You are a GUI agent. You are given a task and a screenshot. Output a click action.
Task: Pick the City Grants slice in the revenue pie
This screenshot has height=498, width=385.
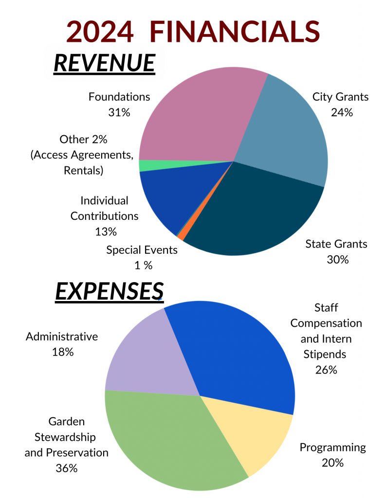(287, 131)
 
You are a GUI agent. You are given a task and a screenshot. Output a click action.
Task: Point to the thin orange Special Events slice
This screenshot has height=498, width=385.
(181, 236)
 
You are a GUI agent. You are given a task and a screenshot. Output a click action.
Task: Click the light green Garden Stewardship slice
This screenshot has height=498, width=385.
(165, 438)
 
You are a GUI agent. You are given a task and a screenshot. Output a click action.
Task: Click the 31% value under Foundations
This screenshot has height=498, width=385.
(119, 112)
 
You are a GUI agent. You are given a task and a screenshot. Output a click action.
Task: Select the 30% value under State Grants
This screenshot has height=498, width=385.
(338, 260)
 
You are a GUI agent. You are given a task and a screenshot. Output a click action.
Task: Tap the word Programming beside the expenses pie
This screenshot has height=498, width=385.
(332, 447)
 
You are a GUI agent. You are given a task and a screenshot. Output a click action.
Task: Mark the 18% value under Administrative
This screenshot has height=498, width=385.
(63, 352)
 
